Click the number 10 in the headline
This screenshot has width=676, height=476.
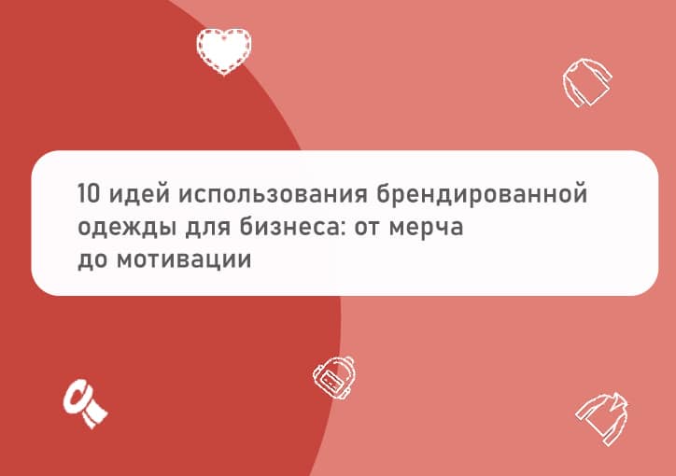click(89, 192)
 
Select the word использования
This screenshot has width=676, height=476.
click(273, 194)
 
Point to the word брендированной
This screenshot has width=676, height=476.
click(482, 194)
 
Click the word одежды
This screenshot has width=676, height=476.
click(127, 228)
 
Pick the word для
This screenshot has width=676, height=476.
click(208, 228)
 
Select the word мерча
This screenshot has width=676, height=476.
click(426, 229)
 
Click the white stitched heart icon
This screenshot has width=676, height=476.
click(224, 51)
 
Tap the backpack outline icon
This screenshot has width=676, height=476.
click(334, 378)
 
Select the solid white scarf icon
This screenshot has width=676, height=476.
click(85, 403)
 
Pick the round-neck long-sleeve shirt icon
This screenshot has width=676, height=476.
click(586, 83)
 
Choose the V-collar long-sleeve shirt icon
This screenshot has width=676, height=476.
click(602, 418)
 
